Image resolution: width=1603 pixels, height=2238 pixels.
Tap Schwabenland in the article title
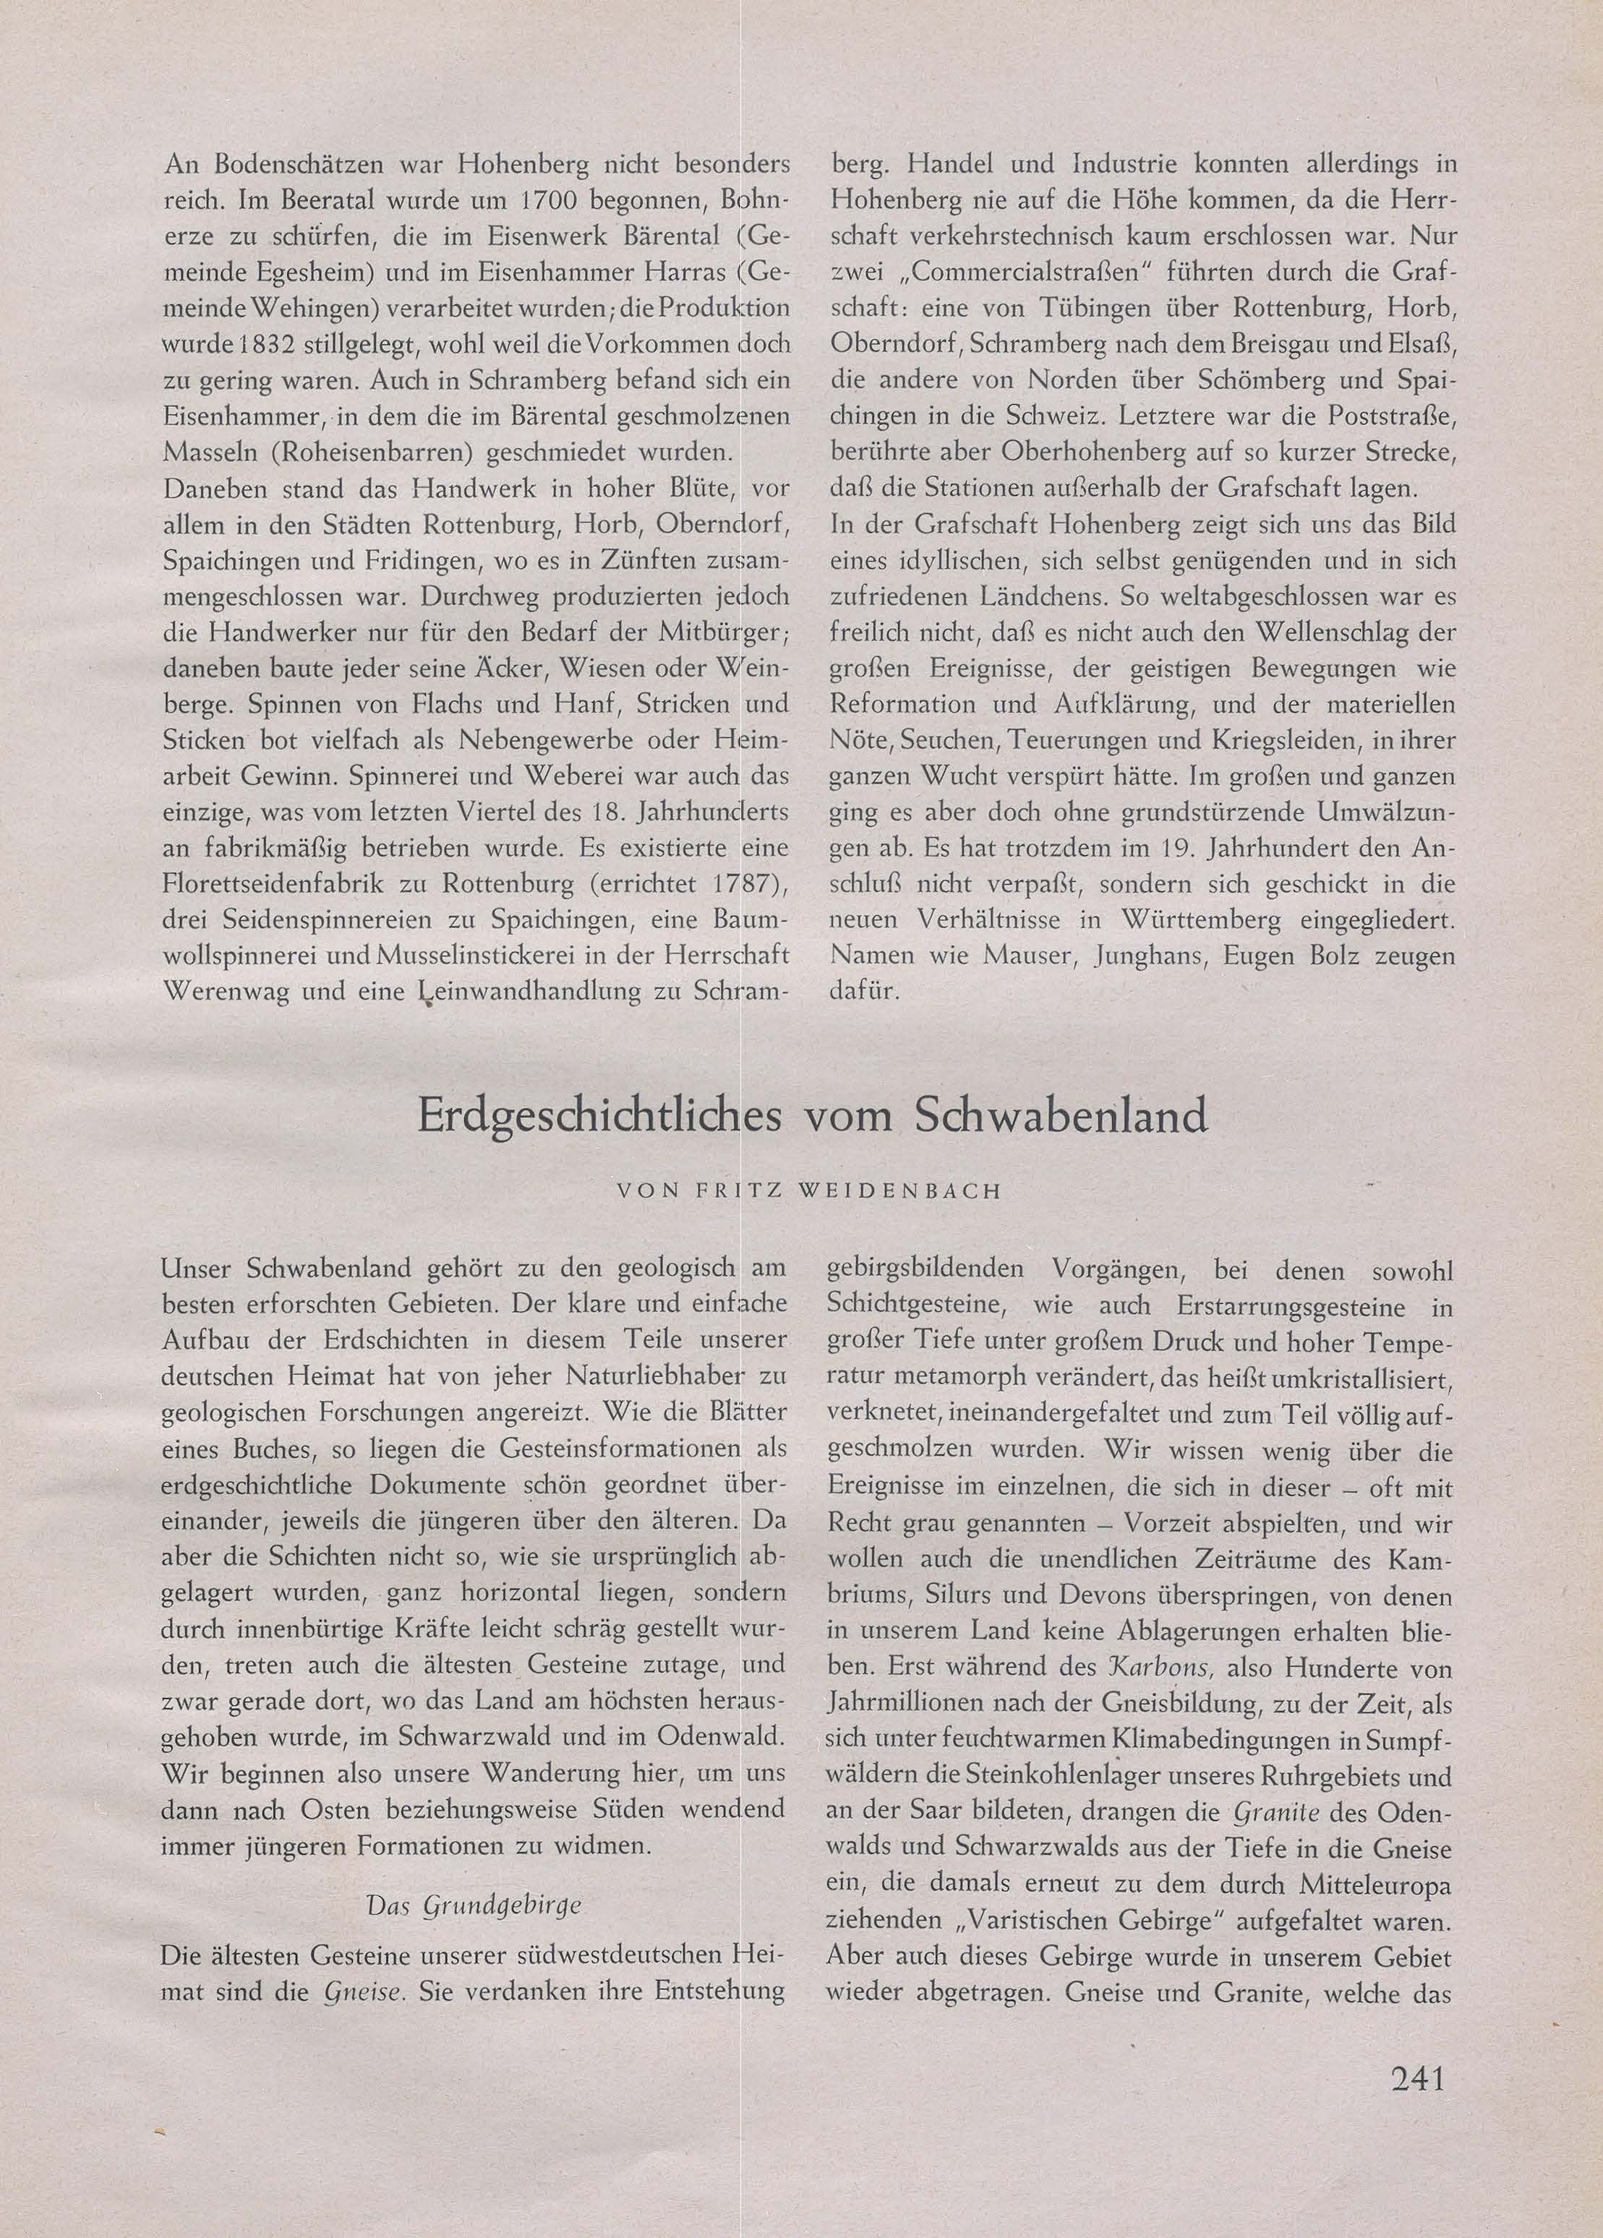click(x=1062, y=1116)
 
